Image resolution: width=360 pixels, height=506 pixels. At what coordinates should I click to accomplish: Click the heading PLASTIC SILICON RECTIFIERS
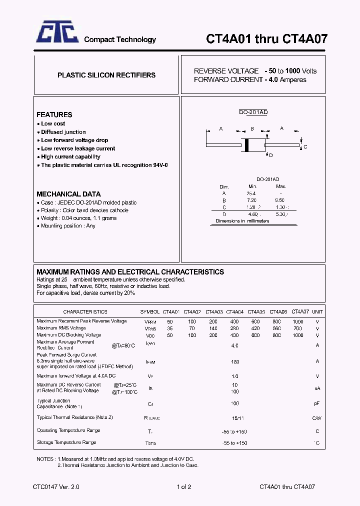tap(106, 75)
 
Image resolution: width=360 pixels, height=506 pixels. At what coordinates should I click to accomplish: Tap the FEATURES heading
tap(54, 114)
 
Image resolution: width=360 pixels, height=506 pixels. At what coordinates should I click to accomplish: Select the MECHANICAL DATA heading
tap(68, 194)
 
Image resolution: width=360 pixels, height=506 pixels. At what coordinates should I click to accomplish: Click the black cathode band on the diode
tap(246, 144)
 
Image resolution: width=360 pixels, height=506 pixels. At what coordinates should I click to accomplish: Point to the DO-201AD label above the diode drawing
tap(253, 112)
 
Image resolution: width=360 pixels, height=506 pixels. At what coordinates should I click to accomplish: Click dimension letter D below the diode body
tap(271, 155)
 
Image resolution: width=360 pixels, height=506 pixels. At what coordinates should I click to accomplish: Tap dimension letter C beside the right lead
tap(305, 147)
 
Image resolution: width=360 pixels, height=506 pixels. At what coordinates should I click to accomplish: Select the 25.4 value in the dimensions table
tap(251, 193)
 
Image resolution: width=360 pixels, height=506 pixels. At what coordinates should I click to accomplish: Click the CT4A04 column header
tap(234, 311)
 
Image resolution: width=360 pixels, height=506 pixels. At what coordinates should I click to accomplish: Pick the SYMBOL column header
tap(150, 311)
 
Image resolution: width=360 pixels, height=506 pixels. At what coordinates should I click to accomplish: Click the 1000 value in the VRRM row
tap(298, 321)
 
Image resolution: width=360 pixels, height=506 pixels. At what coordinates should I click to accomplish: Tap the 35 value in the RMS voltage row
tap(170, 328)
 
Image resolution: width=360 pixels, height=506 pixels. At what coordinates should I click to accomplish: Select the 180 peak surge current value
tap(235, 362)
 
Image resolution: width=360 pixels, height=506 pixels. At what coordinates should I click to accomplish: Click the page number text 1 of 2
tap(183, 486)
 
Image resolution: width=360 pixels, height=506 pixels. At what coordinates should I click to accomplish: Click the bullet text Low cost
tap(53, 123)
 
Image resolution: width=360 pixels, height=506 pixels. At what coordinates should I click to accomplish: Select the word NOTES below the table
tap(45, 458)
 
